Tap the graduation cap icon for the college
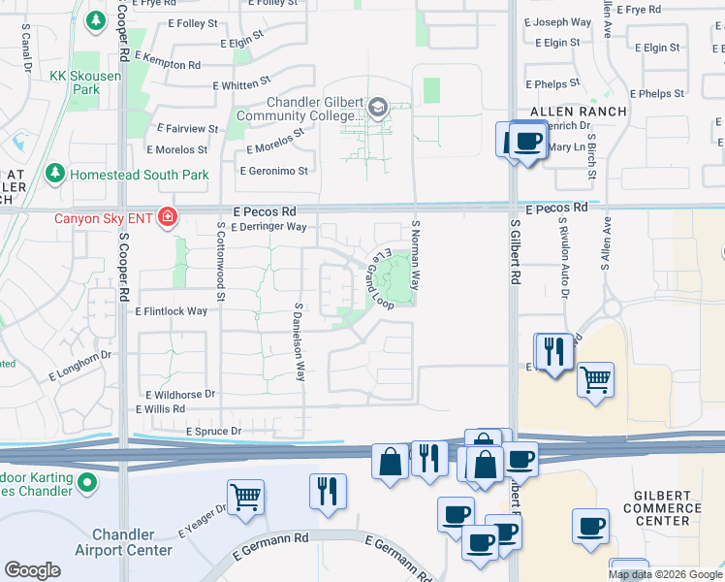click(376, 109)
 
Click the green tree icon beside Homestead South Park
click(55, 174)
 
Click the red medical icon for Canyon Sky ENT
click(169, 216)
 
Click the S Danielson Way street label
click(299, 340)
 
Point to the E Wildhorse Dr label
click(180, 395)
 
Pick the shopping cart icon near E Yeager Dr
click(246, 496)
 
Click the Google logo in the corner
click(33, 570)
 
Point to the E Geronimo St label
click(273, 170)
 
